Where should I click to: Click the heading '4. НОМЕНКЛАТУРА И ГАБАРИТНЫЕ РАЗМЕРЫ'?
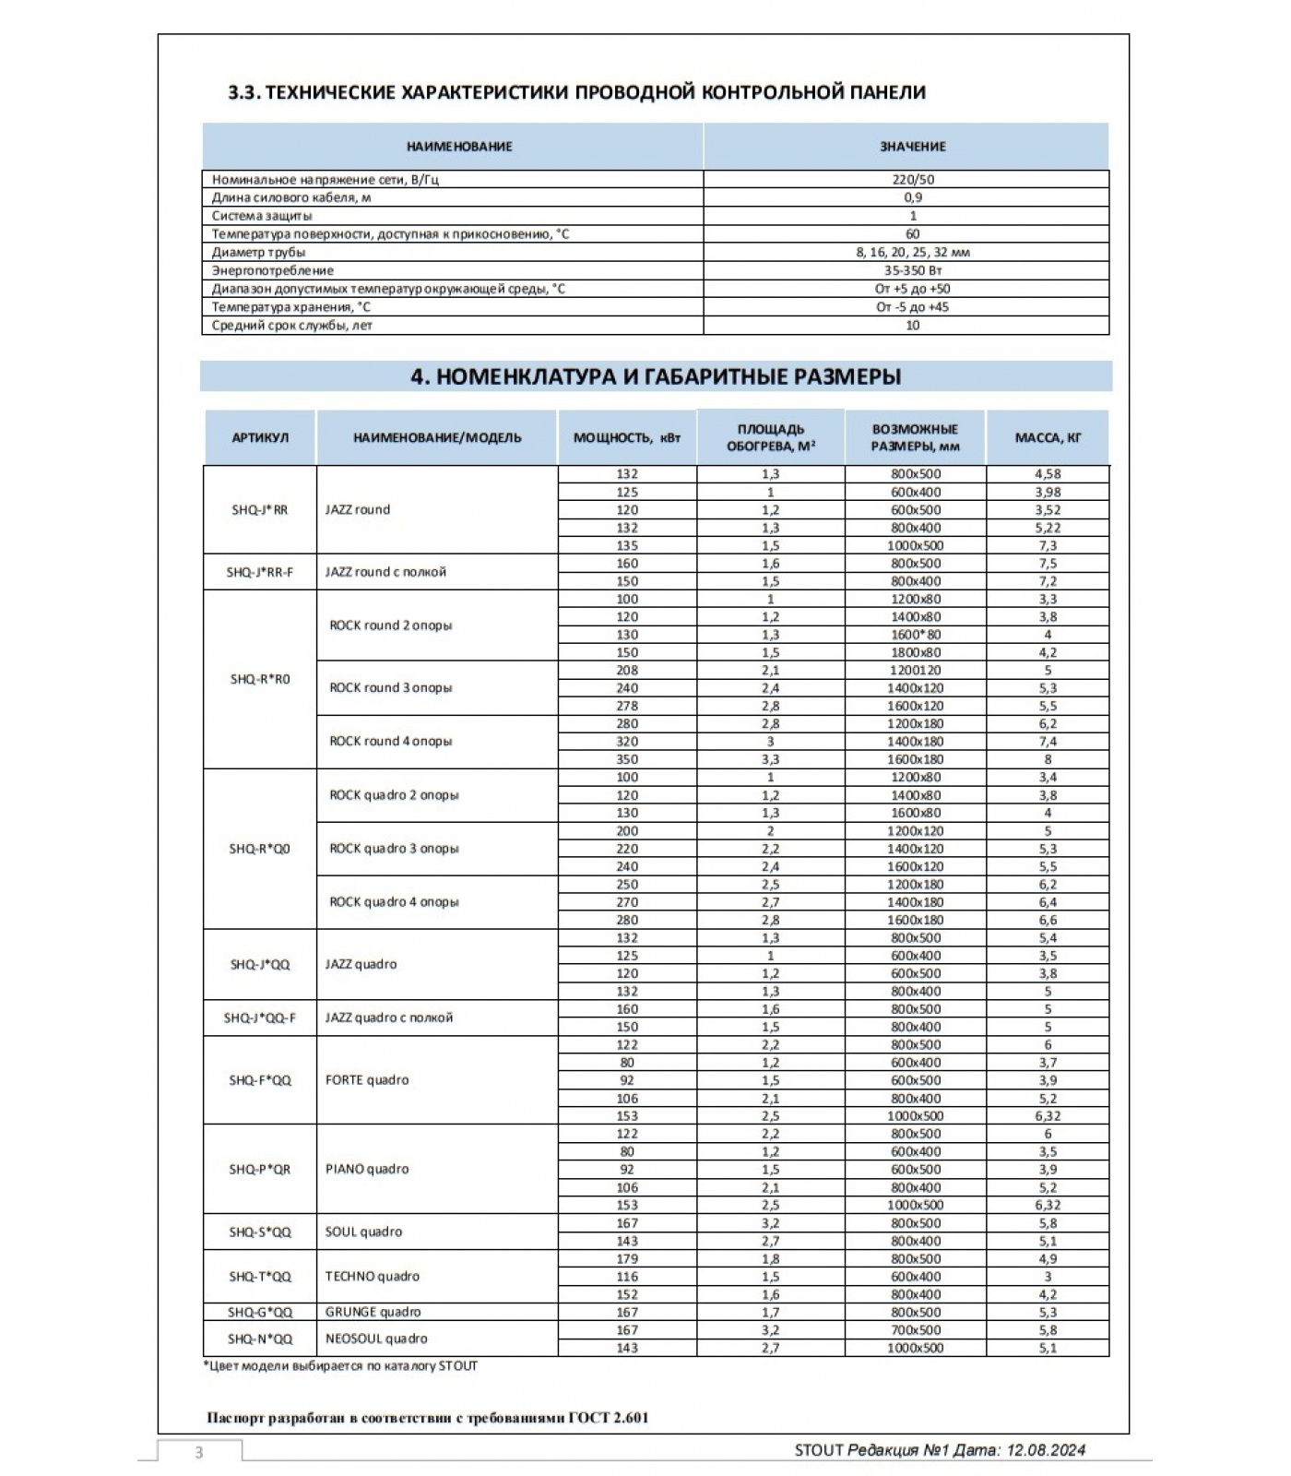pyautogui.click(x=656, y=376)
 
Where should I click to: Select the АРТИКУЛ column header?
pyautogui.click(x=260, y=437)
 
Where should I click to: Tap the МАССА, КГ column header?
pyautogui.click(x=1048, y=437)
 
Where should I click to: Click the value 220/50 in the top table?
pyautogui.click(x=912, y=180)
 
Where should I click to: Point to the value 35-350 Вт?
pyautogui.click(x=912, y=270)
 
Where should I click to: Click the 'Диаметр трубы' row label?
pyautogui.click(x=259, y=252)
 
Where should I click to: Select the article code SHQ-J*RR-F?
pyautogui.click(x=260, y=572)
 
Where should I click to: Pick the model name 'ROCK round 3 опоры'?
pyautogui.click(x=391, y=687)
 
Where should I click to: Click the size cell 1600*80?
pyautogui.click(x=915, y=635)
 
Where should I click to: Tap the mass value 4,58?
pyautogui.click(x=1048, y=474)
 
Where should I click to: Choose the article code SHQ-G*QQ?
pyautogui.click(x=260, y=1312)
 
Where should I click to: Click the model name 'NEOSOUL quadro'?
pyautogui.click(x=376, y=1339)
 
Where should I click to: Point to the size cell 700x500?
pyautogui.click(x=915, y=1330)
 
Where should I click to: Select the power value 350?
pyautogui.click(x=627, y=759)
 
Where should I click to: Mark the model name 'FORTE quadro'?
pyautogui.click(x=367, y=1080)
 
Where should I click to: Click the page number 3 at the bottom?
pyautogui.click(x=198, y=1453)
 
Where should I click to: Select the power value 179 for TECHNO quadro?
pyautogui.click(x=627, y=1259)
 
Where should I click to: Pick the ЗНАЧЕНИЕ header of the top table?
pyautogui.click(x=912, y=146)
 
